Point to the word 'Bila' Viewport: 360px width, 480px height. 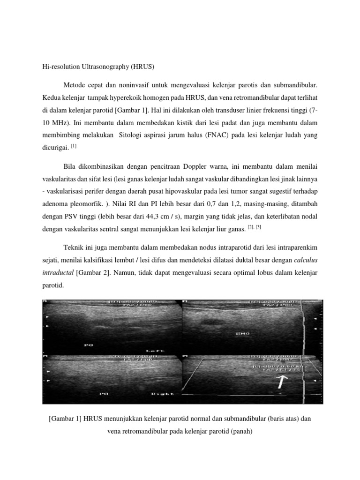[69, 166]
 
